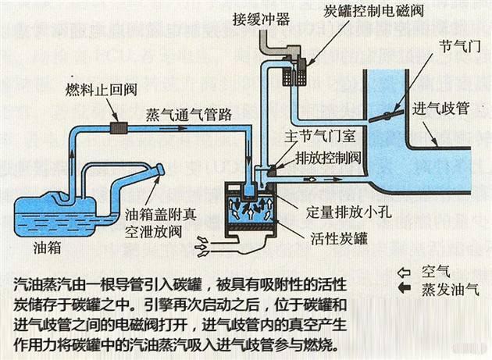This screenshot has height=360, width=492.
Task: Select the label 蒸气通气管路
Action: tap(188, 114)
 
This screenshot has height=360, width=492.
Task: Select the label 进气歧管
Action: tap(440, 109)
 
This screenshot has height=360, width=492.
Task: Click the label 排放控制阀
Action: tap(326, 155)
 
